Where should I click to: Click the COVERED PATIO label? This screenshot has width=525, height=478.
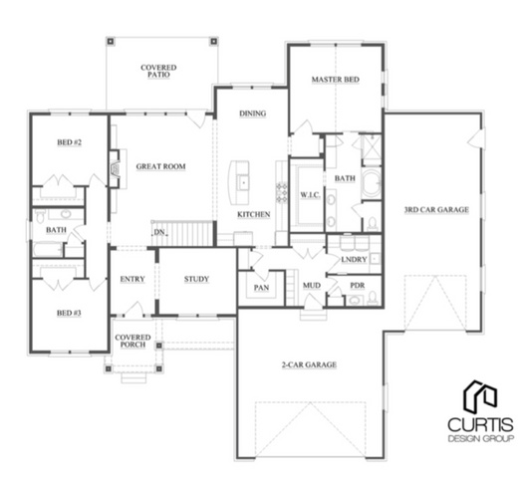tap(158, 71)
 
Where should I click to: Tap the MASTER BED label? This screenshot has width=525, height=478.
tap(336, 80)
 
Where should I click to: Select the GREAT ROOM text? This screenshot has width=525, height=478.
tap(160, 166)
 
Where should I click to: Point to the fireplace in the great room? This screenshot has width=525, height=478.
tap(115, 168)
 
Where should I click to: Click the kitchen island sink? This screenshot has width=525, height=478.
tap(243, 183)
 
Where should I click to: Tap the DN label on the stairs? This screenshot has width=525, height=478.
tap(159, 232)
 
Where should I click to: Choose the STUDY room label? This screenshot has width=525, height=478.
tap(196, 279)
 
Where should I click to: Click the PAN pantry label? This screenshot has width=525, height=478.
tap(261, 288)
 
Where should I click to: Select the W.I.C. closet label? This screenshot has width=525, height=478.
tap(310, 195)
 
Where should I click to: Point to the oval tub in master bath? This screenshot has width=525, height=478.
tap(372, 183)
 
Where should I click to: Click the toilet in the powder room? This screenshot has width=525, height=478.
tap(373, 298)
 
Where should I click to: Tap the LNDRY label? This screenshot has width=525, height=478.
tap(354, 260)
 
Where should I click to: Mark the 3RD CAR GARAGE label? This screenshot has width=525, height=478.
tap(436, 210)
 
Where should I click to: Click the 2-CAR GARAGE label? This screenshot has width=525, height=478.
tap(309, 364)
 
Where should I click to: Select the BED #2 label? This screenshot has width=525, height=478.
tap(70, 142)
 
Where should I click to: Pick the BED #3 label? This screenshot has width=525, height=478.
tap(69, 313)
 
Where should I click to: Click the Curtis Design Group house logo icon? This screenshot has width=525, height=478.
tap(480, 396)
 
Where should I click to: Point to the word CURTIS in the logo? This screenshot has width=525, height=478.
tap(480, 425)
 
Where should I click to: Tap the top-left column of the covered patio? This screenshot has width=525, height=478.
tap(111, 42)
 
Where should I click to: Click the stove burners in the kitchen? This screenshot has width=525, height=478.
tap(281, 192)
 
